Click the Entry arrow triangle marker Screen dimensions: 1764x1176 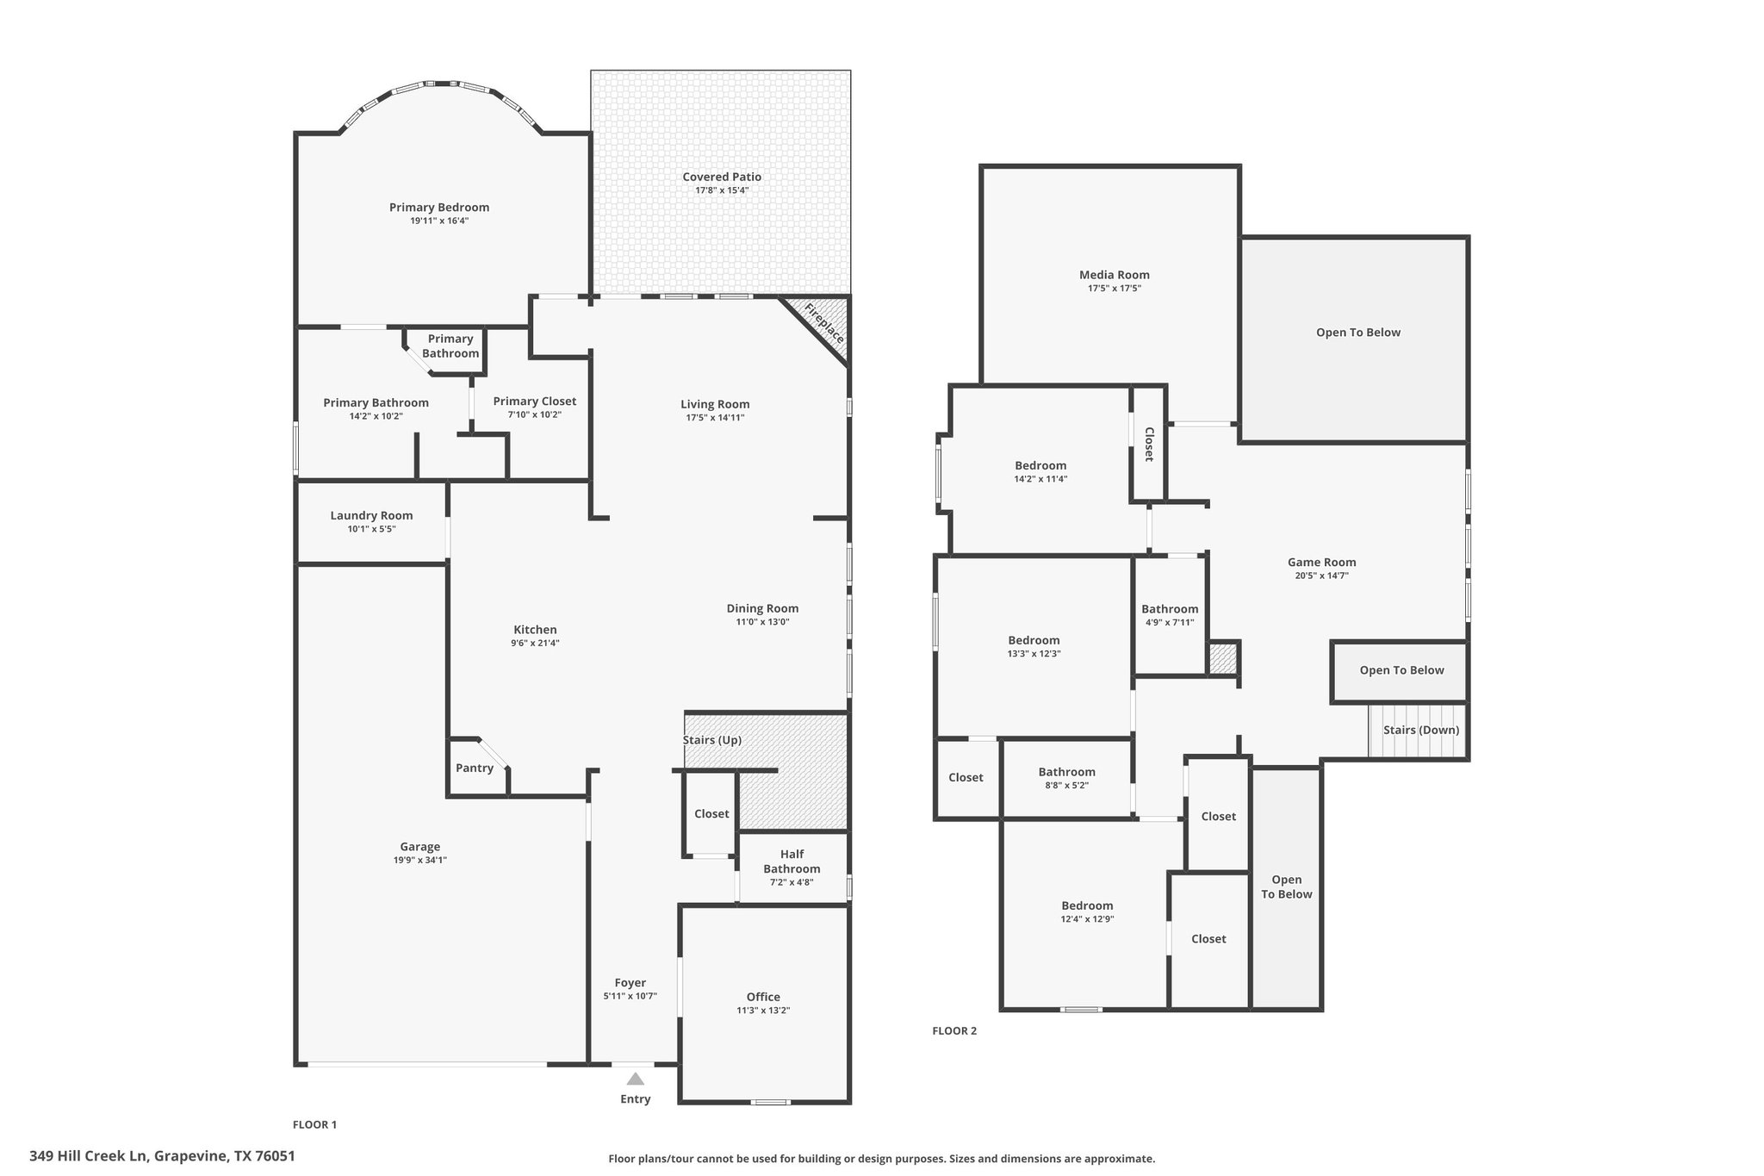pos(635,1079)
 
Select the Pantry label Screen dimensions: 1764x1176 pos(475,768)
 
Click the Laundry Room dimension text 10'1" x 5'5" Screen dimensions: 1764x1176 pos(371,529)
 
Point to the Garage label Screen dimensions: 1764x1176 pos(420,847)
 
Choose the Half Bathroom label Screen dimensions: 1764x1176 pos(792,862)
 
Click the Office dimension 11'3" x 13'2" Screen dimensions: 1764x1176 pos(763,1011)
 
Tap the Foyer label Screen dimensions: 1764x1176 pos(630,983)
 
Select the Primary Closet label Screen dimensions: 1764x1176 pos(535,401)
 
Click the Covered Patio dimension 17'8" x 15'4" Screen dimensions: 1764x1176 pos(722,190)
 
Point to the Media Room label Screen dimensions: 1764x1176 pos(1115,275)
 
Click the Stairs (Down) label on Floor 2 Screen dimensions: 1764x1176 pos(1421,730)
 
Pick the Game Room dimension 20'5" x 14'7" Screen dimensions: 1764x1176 pos(1321,576)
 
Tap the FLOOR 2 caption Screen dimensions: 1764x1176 pos(954,1030)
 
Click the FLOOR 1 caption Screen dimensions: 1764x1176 pos(314,1124)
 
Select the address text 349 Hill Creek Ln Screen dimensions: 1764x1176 pos(90,1155)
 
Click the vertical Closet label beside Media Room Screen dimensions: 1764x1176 pos(1149,445)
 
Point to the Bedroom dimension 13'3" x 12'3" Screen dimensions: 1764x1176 pos(1034,654)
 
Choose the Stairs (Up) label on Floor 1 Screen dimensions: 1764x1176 pos(712,740)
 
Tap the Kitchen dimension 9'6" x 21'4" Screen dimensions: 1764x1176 pos(536,643)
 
